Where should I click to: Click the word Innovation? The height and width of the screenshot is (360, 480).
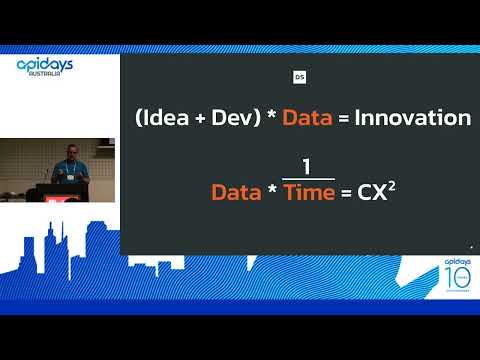(413, 118)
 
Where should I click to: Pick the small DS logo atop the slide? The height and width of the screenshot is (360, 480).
(298, 76)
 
